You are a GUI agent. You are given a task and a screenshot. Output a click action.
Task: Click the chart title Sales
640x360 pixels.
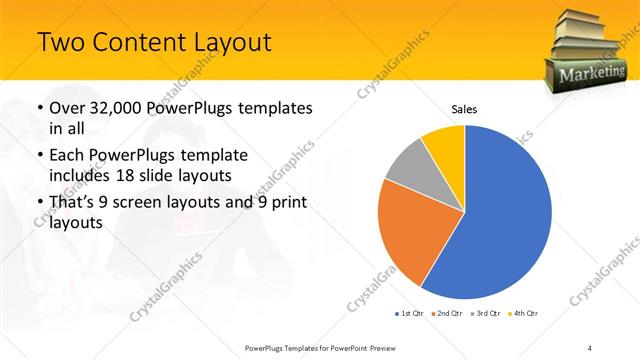click(465, 108)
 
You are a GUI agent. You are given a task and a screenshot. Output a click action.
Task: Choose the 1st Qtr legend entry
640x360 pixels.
click(410, 314)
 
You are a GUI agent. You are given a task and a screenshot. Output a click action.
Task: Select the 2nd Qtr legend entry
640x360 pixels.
click(448, 314)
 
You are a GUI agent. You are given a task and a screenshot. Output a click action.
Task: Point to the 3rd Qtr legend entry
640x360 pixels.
click(486, 314)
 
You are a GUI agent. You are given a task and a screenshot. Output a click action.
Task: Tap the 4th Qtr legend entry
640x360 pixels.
click(524, 314)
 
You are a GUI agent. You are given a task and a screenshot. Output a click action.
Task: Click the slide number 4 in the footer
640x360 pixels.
click(590, 347)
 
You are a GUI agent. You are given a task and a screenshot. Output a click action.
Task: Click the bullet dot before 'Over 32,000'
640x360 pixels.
click(38, 109)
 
